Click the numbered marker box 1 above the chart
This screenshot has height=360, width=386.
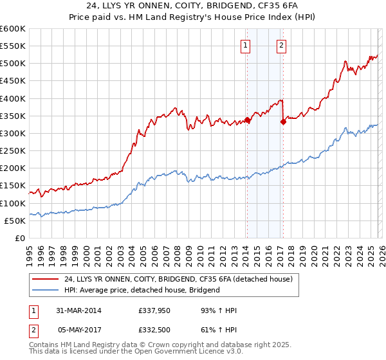click(x=246, y=45)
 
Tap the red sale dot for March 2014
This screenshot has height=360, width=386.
click(x=247, y=120)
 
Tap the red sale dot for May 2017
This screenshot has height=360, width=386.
click(x=283, y=122)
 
